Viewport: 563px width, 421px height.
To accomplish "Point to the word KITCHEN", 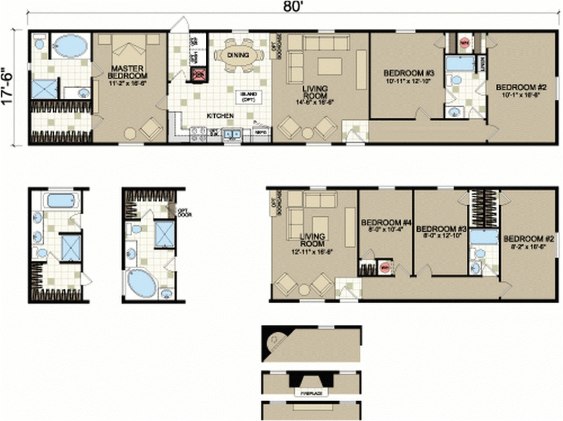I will (x=220, y=116).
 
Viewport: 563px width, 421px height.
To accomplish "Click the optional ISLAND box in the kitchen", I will (x=248, y=97).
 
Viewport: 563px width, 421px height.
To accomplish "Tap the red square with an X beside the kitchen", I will (x=198, y=73).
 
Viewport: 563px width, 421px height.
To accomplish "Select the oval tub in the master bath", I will (x=70, y=45).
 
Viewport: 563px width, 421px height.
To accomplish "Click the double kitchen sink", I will (x=232, y=134).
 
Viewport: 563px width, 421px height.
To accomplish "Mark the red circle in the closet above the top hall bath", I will (x=465, y=42).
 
